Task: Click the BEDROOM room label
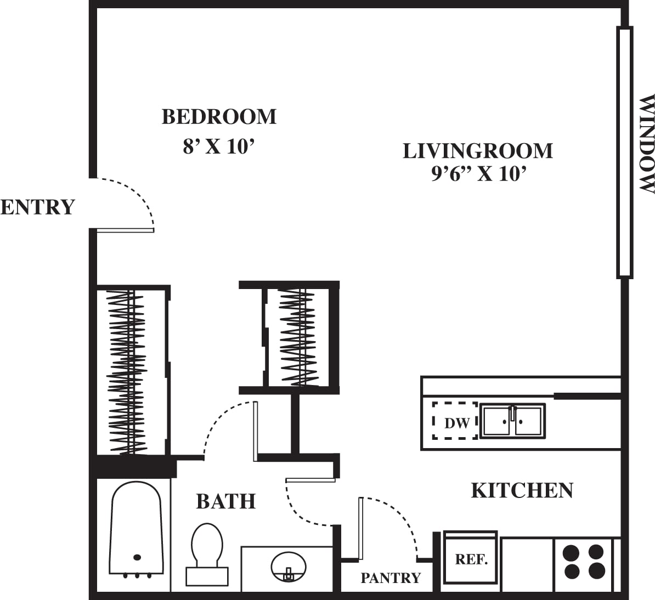(219, 117)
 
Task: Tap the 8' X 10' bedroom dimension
(219, 146)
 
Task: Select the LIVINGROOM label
(478, 151)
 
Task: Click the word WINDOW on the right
(647, 144)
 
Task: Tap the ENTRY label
(37, 207)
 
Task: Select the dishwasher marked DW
(455, 421)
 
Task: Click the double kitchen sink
(512, 421)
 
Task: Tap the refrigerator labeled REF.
(471, 559)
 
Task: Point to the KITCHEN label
(522, 490)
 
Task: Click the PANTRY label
(390, 578)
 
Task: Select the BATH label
(225, 501)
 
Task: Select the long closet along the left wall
(131, 371)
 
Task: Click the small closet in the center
(298, 337)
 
